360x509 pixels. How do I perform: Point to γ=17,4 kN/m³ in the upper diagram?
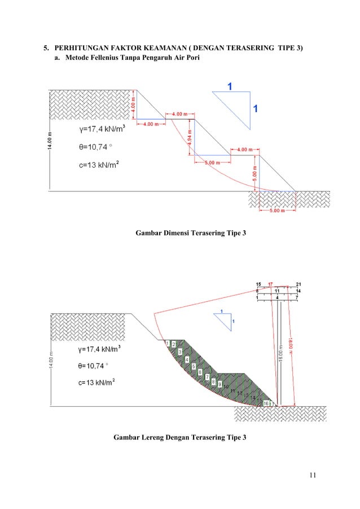click(102, 130)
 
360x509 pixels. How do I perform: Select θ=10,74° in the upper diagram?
click(95, 147)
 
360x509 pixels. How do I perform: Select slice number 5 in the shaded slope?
click(194, 366)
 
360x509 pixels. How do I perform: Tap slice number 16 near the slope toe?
click(266, 403)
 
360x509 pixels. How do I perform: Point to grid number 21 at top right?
click(298, 283)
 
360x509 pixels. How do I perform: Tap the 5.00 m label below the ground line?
click(276, 211)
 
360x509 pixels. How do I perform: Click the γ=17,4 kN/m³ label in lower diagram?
click(102, 350)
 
